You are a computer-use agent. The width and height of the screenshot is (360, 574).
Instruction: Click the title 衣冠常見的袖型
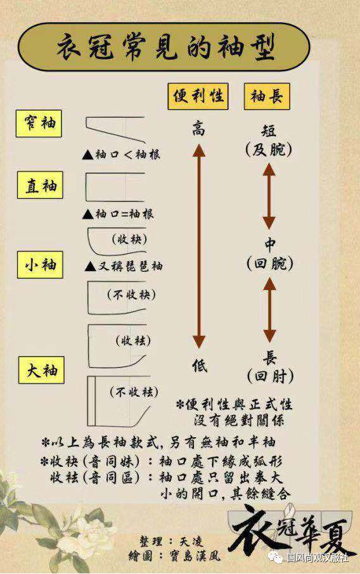click(x=166, y=48)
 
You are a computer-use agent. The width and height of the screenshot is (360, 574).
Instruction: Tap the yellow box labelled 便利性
click(x=198, y=96)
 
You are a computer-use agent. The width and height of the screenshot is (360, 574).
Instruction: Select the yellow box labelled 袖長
click(x=267, y=96)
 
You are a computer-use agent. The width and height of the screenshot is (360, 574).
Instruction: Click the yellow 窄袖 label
click(x=39, y=124)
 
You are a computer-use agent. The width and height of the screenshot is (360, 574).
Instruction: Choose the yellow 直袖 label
click(x=40, y=185)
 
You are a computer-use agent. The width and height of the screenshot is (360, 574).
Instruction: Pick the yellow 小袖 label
click(x=40, y=265)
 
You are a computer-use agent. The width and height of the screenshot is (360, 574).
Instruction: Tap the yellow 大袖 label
click(x=41, y=370)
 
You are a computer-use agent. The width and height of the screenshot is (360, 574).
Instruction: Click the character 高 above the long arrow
click(x=199, y=129)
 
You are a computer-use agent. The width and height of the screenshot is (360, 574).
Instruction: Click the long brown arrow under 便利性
click(x=199, y=246)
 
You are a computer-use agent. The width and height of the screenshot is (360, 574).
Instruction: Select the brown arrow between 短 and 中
click(x=269, y=196)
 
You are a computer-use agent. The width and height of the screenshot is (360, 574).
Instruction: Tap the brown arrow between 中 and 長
click(x=269, y=310)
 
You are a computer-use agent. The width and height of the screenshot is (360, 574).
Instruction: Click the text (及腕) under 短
click(x=269, y=150)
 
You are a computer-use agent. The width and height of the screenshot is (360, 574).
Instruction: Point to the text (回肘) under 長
click(x=270, y=376)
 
